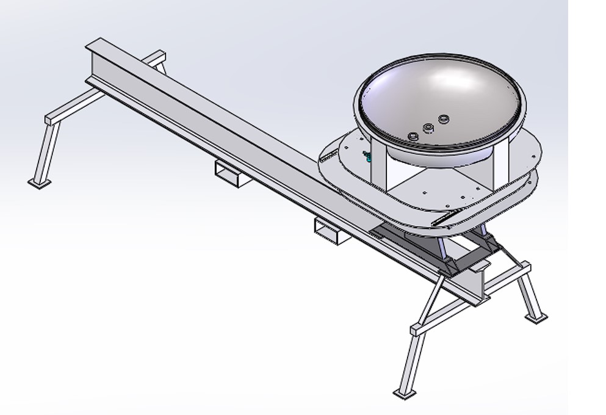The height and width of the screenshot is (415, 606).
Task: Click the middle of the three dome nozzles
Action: point(428,128)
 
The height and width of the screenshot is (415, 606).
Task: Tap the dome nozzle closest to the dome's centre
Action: point(444,118)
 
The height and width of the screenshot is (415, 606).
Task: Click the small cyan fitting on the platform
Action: point(367,156)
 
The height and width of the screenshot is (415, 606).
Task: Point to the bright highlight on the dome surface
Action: point(449,79)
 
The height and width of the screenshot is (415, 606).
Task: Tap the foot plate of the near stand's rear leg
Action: point(538,317)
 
